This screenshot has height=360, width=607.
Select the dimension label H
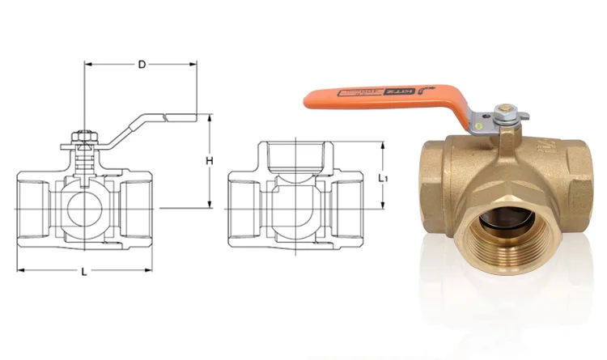click(x=209, y=161)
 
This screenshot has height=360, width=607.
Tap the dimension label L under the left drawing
click(x=84, y=273)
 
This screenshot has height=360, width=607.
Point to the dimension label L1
click(x=384, y=176)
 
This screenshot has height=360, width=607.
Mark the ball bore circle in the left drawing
click(x=83, y=208)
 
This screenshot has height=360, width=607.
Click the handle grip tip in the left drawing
click(x=182, y=118)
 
